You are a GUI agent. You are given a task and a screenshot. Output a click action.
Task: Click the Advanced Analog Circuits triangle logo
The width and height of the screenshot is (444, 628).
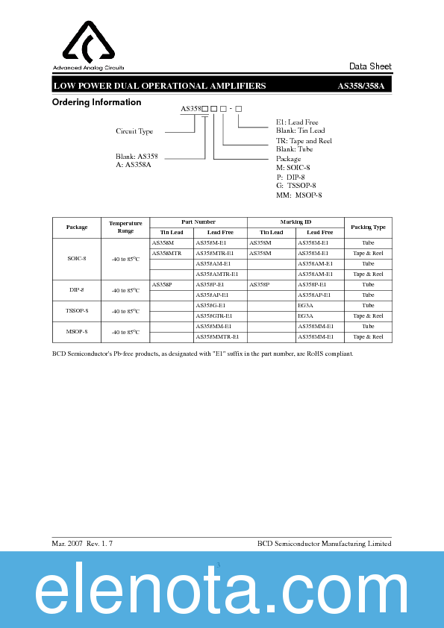pyautogui.click(x=88, y=43)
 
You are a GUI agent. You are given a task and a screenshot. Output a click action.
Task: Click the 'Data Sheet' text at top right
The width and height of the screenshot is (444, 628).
pyautogui.click(x=370, y=67)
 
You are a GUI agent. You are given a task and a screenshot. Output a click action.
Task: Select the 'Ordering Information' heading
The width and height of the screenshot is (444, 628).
pyautogui.click(x=96, y=103)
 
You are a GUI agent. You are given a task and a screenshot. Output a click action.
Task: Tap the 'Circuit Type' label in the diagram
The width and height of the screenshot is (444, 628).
pyautogui.click(x=134, y=131)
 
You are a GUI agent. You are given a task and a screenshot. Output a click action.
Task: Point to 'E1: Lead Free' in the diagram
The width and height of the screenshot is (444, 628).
pyautogui.click(x=297, y=122)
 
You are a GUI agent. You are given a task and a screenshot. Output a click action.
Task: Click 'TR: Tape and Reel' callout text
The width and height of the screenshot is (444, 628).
pyautogui.click(x=304, y=141)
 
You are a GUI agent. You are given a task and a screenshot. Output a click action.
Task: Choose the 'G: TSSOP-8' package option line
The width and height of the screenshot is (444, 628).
pyautogui.click(x=296, y=186)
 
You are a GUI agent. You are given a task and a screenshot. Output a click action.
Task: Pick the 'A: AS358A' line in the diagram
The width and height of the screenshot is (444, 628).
pyautogui.click(x=134, y=164)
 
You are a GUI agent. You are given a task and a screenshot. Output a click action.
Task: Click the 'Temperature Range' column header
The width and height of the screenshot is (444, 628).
pyautogui.click(x=125, y=227)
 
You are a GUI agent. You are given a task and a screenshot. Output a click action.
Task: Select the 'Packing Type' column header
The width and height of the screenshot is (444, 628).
pyautogui.click(x=368, y=227)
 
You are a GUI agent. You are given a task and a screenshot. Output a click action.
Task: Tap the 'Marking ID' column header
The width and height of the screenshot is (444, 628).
pyautogui.click(x=296, y=222)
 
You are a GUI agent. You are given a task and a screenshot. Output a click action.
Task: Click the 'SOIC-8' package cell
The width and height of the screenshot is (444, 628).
pyautogui.click(x=77, y=258)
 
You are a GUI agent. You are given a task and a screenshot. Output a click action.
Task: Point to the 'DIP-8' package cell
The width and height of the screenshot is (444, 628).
pyautogui.click(x=77, y=289)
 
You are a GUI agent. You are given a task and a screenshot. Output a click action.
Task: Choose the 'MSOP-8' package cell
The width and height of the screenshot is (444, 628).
pyautogui.click(x=77, y=331)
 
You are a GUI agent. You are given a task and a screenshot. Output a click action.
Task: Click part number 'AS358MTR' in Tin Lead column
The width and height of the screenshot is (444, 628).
pyautogui.click(x=166, y=254)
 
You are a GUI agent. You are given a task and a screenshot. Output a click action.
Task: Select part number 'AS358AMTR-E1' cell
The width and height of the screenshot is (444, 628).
pyautogui.click(x=216, y=274)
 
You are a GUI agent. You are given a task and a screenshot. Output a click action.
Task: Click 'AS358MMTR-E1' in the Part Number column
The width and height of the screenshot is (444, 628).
pyautogui.click(x=217, y=337)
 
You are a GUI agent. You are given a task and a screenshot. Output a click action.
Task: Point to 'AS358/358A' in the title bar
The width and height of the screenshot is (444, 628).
pyautogui.click(x=360, y=87)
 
